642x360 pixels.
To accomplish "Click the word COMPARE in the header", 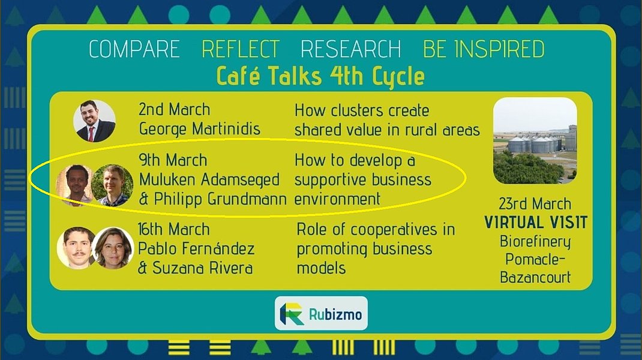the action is coord(134,49).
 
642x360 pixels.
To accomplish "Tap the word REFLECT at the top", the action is coord(241,49).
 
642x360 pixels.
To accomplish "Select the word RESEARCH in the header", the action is coord(351,49).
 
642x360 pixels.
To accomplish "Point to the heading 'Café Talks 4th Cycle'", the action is coord(320,76).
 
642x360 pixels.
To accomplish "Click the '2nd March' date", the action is coord(175,109).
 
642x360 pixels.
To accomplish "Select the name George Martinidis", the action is coord(200,129).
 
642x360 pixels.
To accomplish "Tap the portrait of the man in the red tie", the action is coord(94,121).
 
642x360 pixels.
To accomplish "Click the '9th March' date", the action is coord(173,160).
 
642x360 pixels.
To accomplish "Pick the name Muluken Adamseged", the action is coord(209,179).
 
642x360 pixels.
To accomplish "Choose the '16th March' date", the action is coord(173,229).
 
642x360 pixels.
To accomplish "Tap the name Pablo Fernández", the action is coord(196,248).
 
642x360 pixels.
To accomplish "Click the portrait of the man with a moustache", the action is coord(77,248).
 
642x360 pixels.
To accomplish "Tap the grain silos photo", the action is coord(535,140).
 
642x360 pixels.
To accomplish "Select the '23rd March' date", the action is coord(535,203).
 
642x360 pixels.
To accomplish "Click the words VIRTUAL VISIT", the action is coord(536,223).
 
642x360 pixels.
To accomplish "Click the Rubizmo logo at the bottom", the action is coord(321,313).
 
